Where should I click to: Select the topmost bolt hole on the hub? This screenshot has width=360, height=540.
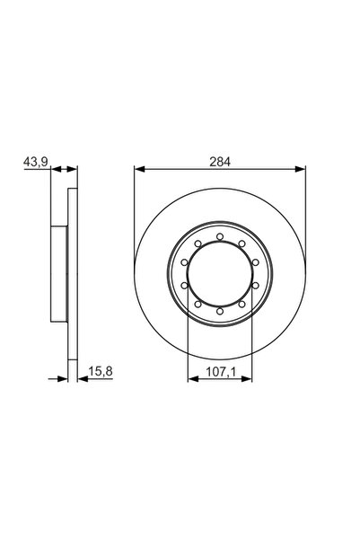(220, 237)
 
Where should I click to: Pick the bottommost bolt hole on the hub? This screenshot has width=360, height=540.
(220, 311)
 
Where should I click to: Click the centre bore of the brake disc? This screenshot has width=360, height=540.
(220, 274)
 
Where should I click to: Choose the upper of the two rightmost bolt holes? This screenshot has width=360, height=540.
(255, 262)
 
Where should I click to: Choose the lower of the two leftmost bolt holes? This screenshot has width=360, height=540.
(185, 286)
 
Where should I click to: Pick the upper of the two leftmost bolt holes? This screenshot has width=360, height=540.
(185, 262)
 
